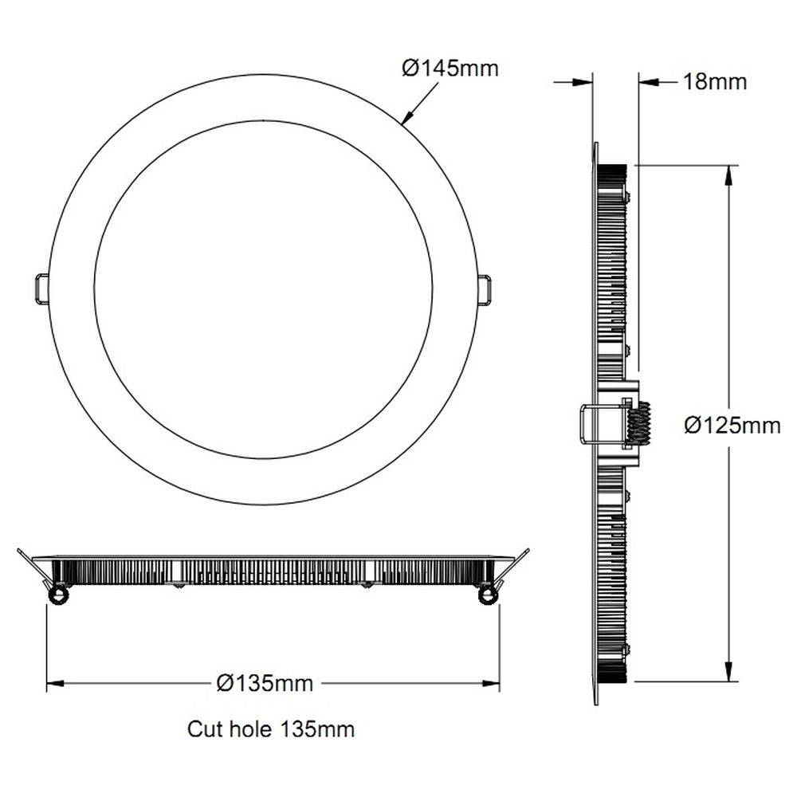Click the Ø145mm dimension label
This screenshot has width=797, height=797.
click(450, 69)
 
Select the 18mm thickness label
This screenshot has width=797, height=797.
click(715, 81)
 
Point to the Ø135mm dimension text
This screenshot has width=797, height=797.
click(265, 683)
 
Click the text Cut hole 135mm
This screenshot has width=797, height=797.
click(271, 728)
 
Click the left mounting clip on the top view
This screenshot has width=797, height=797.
click(41, 289)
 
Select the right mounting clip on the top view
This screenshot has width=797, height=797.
click(485, 289)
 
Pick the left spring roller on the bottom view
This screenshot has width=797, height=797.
click(57, 595)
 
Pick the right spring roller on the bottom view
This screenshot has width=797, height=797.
click(487, 595)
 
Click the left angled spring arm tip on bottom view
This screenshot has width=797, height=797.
click(20, 552)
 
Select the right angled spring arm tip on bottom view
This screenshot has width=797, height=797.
click(525, 552)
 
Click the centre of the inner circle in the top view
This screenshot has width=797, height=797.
click(263, 289)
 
